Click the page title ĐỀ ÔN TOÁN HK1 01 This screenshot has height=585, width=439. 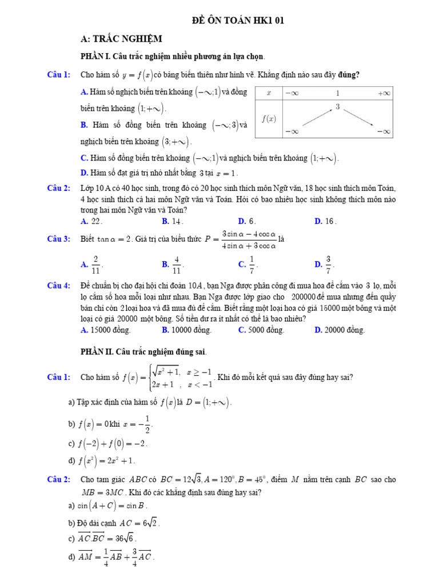(x=237, y=21)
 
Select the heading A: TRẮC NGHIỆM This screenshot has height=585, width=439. (x=122, y=39)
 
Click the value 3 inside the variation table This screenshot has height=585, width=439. (x=338, y=107)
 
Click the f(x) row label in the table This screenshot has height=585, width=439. (x=269, y=119)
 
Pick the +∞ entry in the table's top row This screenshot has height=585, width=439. (x=384, y=93)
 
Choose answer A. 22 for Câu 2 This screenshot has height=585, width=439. (x=91, y=221)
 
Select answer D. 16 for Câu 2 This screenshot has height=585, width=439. (x=325, y=221)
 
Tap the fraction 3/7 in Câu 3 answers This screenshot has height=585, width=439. (x=329, y=264)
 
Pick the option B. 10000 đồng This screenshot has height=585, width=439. (x=186, y=330)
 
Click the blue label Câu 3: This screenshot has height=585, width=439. (x=59, y=239)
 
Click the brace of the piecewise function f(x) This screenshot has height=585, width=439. (x=150, y=377)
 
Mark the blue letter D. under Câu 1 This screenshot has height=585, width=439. (x=84, y=173)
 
